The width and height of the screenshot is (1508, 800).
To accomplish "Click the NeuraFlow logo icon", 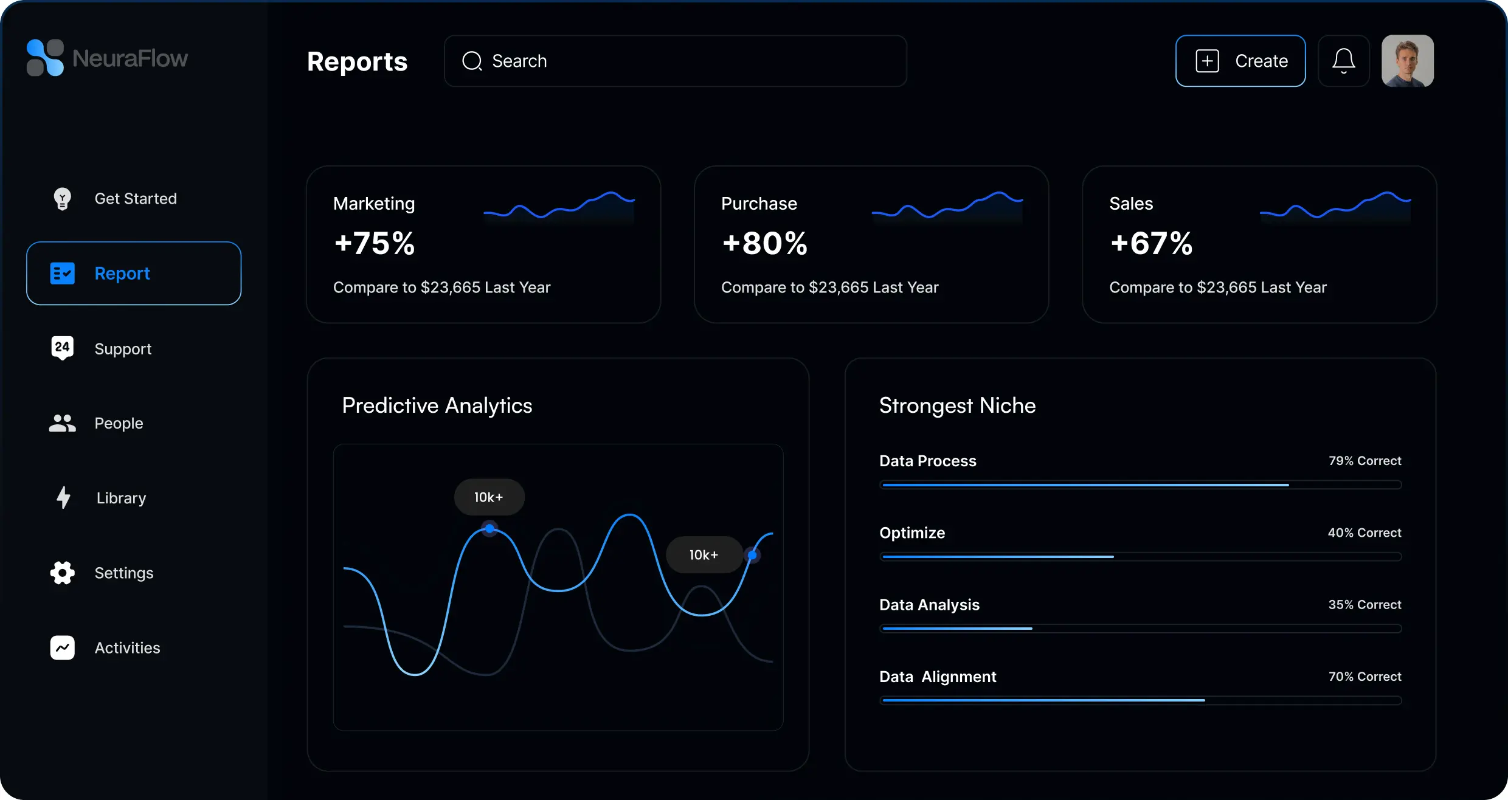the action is tap(45, 58).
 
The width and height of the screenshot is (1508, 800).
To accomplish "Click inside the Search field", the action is tap(676, 61).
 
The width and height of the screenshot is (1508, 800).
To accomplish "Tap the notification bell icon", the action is tap(1344, 61).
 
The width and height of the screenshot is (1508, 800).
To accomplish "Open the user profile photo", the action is tap(1408, 61).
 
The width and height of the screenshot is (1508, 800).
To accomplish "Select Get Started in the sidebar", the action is tap(135, 199).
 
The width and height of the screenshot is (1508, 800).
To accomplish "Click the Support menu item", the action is tap(123, 348).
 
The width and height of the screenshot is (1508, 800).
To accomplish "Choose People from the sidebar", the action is tap(119, 423).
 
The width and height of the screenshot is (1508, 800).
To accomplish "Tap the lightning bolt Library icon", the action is tap(63, 497).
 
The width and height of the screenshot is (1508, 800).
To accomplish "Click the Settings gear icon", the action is tap(62, 573).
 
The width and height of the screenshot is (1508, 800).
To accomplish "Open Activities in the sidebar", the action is tap(127, 648).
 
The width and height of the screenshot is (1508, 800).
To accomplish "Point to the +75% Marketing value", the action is tap(375, 243).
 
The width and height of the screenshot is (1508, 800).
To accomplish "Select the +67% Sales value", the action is tap(1151, 243).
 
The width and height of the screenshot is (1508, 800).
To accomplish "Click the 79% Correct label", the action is tap(1364, 461).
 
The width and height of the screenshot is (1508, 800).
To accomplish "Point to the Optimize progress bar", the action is tap(1141, 557).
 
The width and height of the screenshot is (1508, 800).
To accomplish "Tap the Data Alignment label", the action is tap(938, 677).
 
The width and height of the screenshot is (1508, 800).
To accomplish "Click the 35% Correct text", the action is tap(1364, 605).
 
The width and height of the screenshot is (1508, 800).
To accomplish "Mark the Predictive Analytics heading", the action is tap(437, 405).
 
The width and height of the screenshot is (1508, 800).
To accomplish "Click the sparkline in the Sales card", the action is tap(1335, 207).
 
